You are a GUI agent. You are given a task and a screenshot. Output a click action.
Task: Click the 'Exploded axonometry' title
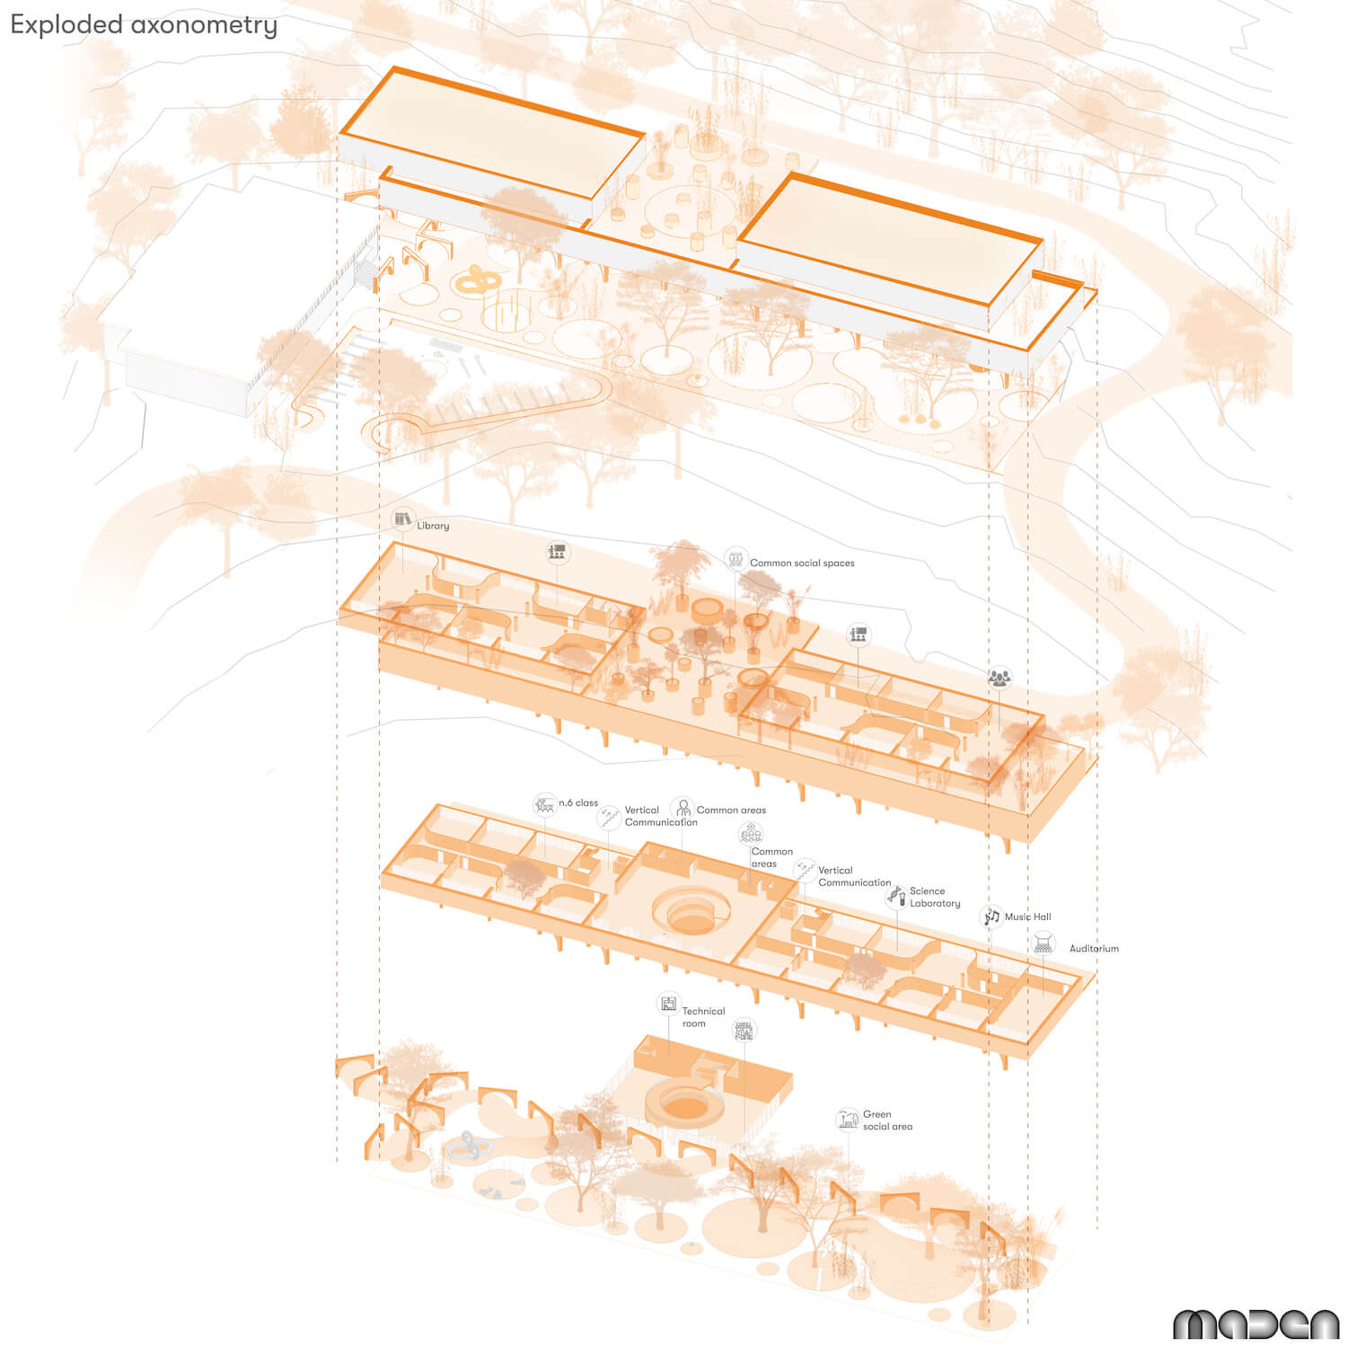[x=144, y=25]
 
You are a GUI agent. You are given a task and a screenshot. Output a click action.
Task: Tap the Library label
[x=433, y=526]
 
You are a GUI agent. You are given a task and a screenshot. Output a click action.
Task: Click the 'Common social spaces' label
[x=802, y=563]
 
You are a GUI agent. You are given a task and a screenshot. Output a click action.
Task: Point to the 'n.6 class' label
[x=578, y=803]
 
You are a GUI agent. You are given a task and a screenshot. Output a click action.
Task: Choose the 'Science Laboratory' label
[x=935, y=898]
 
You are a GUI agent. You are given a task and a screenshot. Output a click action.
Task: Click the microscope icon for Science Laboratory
[x=895, y=895]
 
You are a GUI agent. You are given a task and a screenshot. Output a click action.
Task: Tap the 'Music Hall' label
[x=1027, y=917]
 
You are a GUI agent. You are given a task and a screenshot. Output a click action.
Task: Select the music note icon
[x=990, y=917]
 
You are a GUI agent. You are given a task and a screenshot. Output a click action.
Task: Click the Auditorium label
[x=1094, y=949]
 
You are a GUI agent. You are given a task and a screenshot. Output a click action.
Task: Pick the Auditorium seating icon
[x=1043, y=944]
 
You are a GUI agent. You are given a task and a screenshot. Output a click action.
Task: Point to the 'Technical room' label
[x=703, y=1017]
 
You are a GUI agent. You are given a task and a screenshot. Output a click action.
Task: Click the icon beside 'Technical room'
[x=668, y=1004]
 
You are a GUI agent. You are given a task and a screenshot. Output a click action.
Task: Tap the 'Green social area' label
[x=887, y=1121]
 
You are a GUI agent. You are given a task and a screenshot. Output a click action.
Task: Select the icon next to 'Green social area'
[x=847, y=1119]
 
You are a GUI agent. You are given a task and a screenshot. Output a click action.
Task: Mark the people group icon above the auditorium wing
[x=999, y=677]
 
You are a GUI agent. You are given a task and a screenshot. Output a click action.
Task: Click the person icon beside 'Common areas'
[x=683, y=807]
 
